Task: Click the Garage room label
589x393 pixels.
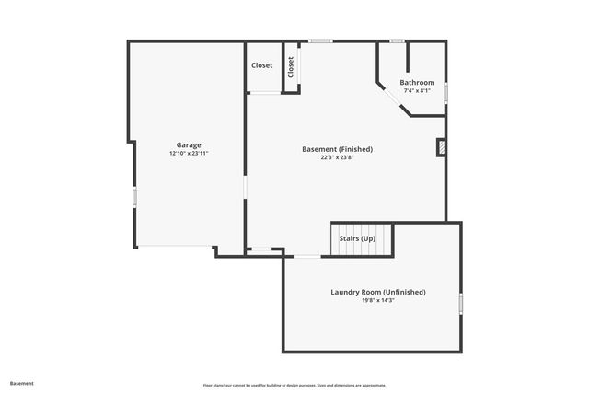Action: click(x=189, y=144)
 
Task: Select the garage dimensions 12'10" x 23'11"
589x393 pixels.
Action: click(x=189, y=154)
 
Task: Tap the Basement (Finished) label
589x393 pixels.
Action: click(x=338, y=149)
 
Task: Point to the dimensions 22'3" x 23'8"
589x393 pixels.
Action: click(x=338, y=157)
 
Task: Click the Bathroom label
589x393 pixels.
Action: click(x=417, y=83)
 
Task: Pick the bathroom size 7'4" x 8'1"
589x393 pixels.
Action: click(x=417, y=91)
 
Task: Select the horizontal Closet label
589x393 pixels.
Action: click(x=262, y=65)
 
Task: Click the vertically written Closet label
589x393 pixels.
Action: click(x=291, y=66)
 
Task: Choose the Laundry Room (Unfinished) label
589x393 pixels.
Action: click(x=378, y=292)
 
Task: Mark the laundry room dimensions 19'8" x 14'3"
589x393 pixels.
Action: click(x=378, y=301)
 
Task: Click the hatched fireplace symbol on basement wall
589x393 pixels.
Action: click(x=441, y=147)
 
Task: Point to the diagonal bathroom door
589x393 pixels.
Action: click(x=393, y=98)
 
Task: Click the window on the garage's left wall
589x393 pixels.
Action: click(x=135, y=196)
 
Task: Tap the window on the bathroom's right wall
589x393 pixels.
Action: click(x=445, y=92)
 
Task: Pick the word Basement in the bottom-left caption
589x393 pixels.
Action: click(x=21, y=383)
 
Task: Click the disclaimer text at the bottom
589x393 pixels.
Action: click(x=294, y=386)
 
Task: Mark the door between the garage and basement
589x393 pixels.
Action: click(x=245, y=187)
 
